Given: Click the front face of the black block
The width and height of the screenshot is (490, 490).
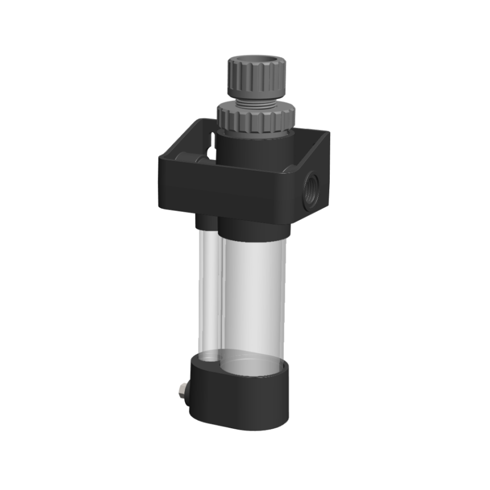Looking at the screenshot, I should click(x=225, y=189).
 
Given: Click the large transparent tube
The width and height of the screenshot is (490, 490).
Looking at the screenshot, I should click(x=253, y=296).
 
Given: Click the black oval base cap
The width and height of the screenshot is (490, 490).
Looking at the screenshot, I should click(x=240, y=398).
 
